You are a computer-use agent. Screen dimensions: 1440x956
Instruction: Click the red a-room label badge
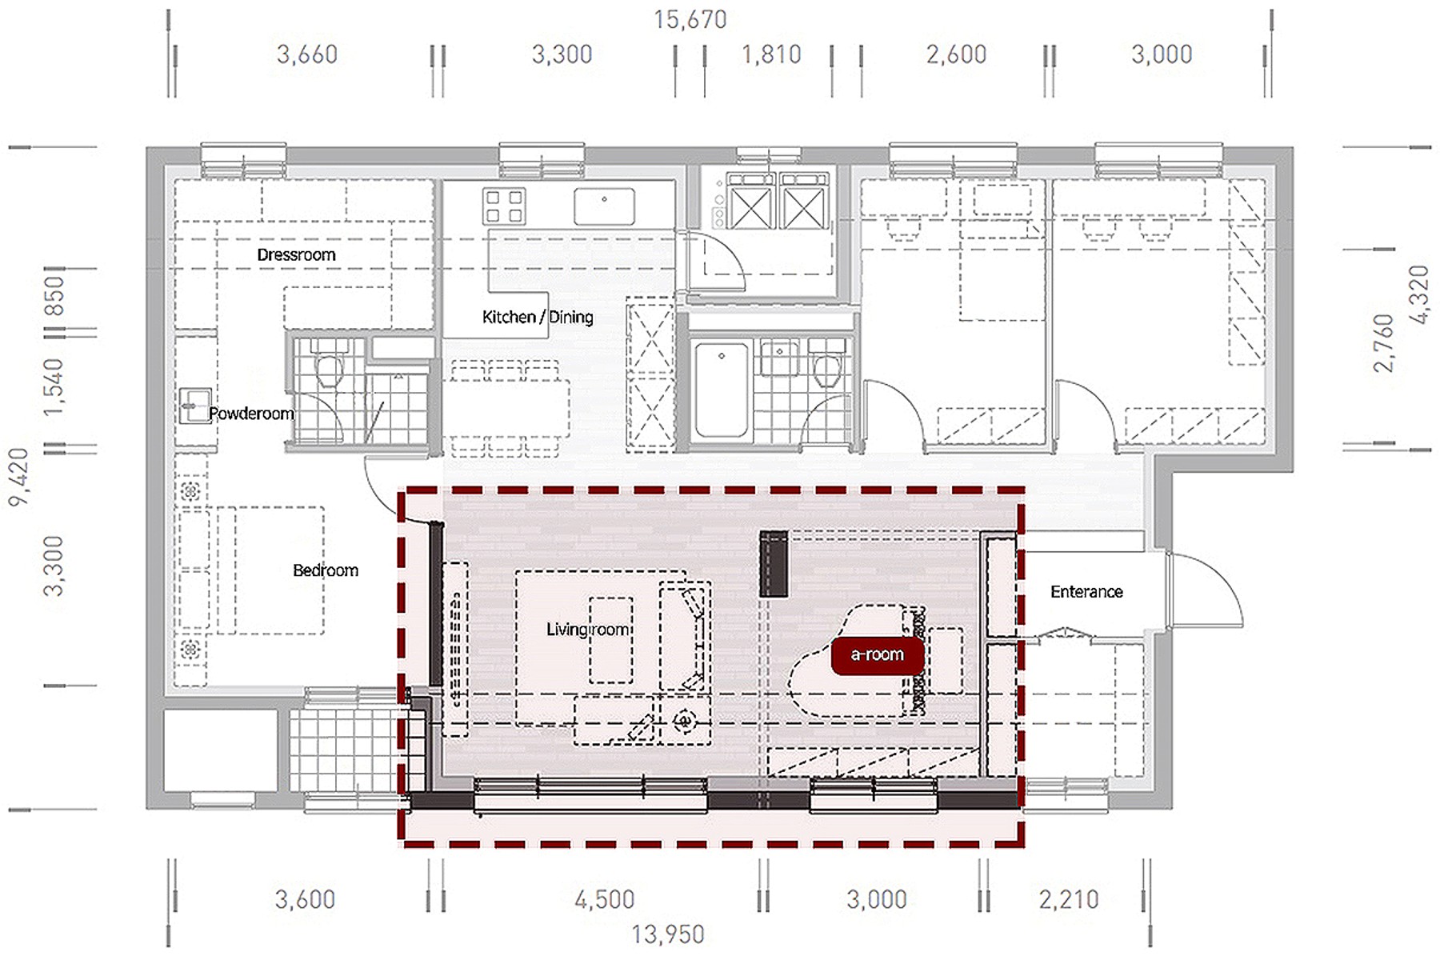pos(878,655)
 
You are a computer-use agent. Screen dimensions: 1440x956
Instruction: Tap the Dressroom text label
pos(296,255)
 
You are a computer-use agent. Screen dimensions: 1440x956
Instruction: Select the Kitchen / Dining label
pos(538,318)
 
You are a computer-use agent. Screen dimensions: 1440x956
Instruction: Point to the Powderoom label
pos(251,414)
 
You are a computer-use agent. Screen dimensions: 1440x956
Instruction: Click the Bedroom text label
pos(326,570)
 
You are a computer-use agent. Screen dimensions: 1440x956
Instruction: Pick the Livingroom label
pos(588,630)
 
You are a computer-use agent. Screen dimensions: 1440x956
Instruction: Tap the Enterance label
pos(1086,592)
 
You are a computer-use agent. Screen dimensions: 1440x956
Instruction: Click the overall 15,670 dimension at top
pos(690,19)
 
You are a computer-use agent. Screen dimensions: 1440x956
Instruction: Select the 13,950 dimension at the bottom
pos(668,934)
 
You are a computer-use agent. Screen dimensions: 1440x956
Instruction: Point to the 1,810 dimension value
pos(771,54)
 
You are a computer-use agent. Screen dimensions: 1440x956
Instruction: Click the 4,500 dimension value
pos(605,900)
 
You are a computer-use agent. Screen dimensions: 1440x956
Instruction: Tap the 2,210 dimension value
pos(1069,900)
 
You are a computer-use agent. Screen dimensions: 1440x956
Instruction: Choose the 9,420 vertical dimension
pos(19,477)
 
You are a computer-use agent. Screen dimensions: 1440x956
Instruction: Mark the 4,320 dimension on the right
pos(1418,295)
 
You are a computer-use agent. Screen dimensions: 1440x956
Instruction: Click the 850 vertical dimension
pos(54,296)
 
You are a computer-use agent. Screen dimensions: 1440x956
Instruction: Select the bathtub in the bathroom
pos(722,390)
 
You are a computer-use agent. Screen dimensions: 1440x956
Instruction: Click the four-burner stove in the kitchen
pos(504,206)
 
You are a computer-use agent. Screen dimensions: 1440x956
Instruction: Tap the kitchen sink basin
pos(604,206)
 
